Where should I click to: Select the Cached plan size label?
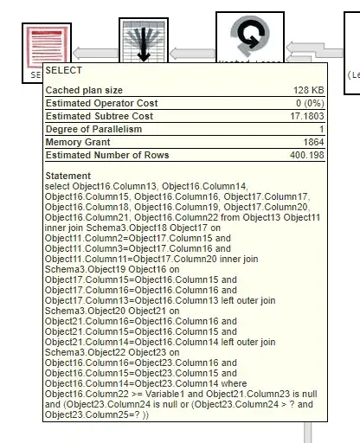click(84, 90)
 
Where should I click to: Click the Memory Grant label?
click(77, 142)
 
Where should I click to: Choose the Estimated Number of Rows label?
click(106, 155)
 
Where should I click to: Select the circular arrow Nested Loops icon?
click(255, 36)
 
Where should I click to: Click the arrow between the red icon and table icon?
click(89, 54)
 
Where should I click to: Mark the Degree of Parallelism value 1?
click(320, 129)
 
